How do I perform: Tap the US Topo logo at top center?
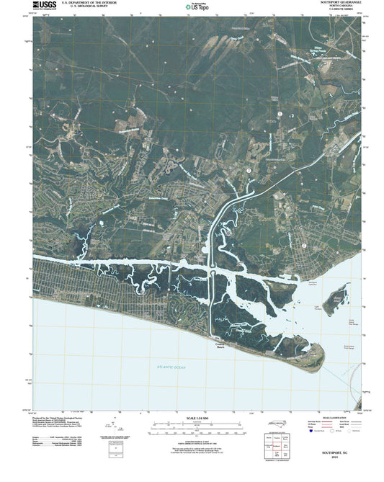197,8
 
